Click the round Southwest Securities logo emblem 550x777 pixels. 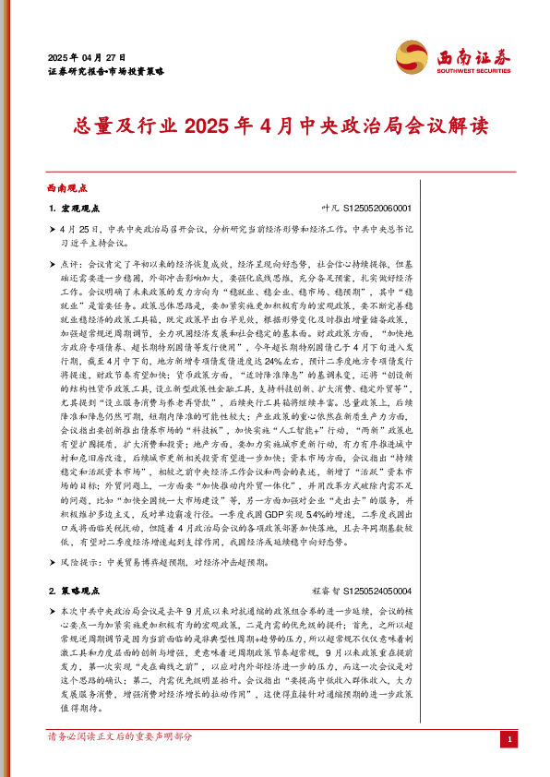[x=412, y=56]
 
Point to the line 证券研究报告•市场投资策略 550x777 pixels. [x=105, y=70]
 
